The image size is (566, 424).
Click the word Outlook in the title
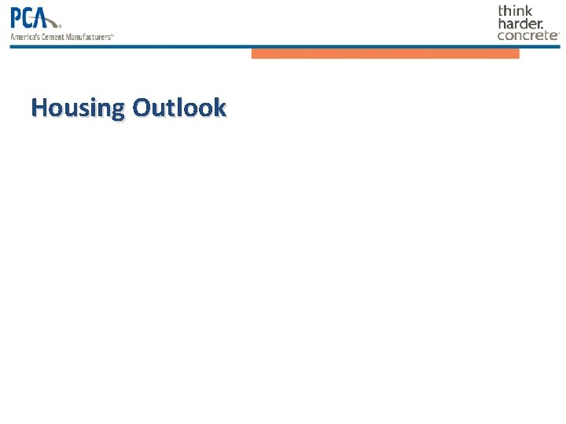[180, 108]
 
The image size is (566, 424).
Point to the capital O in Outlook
[142, 108]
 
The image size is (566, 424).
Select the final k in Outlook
[219, 108]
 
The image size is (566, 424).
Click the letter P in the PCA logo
[17, 17]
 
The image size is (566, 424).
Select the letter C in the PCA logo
[33, 17]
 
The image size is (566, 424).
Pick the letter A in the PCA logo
[50, 17]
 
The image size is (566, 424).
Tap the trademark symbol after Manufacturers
[112, 35]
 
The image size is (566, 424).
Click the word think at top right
[515, 11]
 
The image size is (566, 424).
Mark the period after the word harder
[542, 27]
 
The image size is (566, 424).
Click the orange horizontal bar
[385, 54]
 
